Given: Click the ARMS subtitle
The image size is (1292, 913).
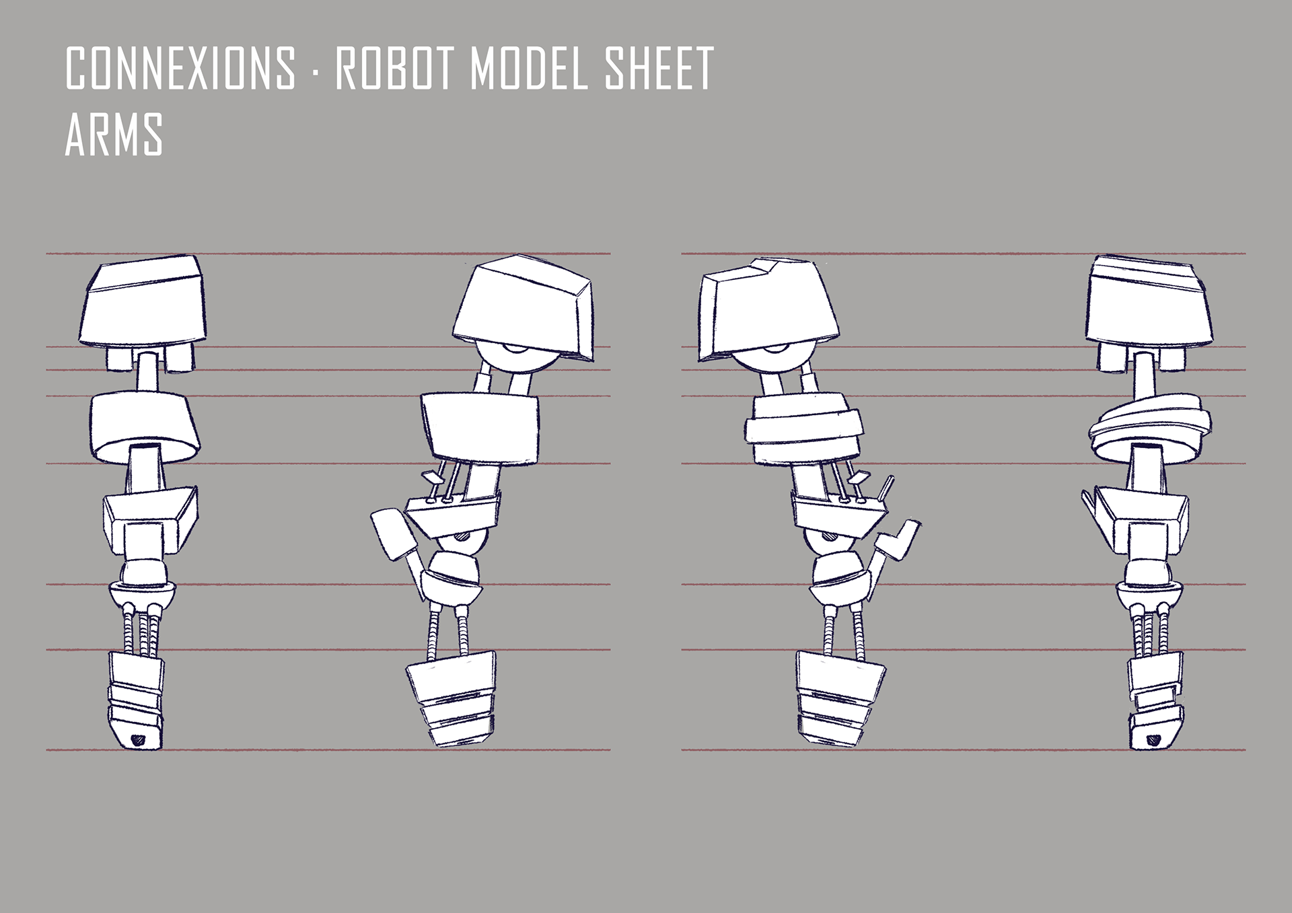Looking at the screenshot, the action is [114, 135].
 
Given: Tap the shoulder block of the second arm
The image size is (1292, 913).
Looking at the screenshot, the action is [523, 307].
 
